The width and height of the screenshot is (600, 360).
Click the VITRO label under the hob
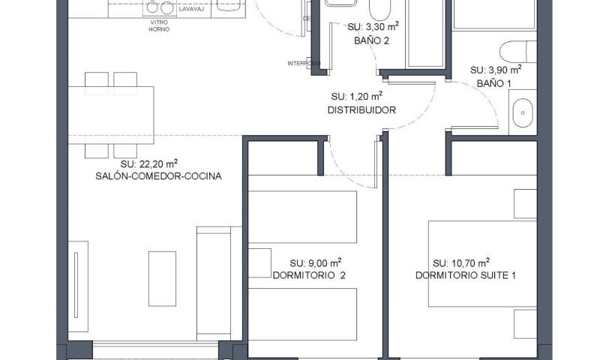[x=159, y=22]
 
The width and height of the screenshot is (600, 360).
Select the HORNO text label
[x=159, y=30]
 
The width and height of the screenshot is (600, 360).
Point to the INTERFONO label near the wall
[x=304, y=63]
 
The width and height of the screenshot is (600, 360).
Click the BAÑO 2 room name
[x=372, y=41]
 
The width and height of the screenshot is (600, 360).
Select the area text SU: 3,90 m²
[x=495, y=69]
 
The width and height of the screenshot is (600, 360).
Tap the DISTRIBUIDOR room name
[x=361, y=109]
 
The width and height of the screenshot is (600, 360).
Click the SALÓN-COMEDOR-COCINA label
[x=158, y=176]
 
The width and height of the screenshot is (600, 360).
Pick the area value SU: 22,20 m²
[x=149, y=163]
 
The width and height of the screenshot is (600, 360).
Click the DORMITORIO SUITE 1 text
[x=466, y=275]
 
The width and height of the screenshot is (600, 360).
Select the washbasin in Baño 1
[x=523, y=113]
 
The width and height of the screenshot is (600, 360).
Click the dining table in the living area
[x=111, y=115]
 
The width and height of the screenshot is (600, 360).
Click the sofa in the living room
[x=217, y=283]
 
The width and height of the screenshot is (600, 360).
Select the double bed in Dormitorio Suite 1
[x=482, y=263]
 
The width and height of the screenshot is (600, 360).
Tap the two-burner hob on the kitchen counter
[x=159, y=7]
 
